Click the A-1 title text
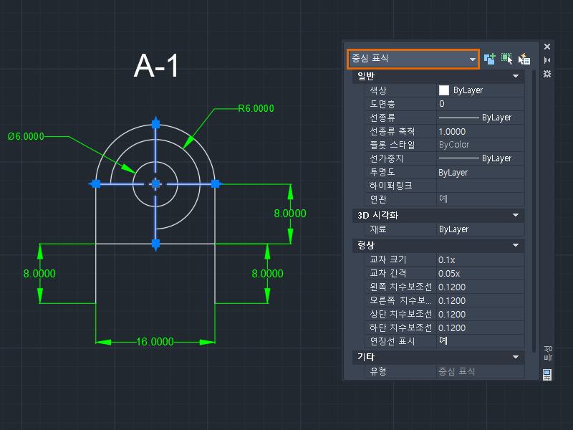pos(156,66)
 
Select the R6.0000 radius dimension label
pos(256,109)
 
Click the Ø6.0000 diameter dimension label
pos(26,136)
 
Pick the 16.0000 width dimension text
pos(155,342)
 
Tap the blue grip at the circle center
pos(155,184)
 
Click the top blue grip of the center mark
pos(155,124)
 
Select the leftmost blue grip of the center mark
pos(96,184)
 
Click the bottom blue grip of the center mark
pos(155,243)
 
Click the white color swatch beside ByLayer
pos(444,90)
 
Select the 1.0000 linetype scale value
pos(452,132)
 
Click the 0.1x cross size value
pos(446,260)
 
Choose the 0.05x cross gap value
pos(449,274)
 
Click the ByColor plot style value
pos(454,145)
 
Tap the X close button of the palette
pos(547,47)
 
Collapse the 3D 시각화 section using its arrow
pos(516,215)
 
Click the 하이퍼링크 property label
pos(390,186)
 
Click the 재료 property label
pos(378,229)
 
